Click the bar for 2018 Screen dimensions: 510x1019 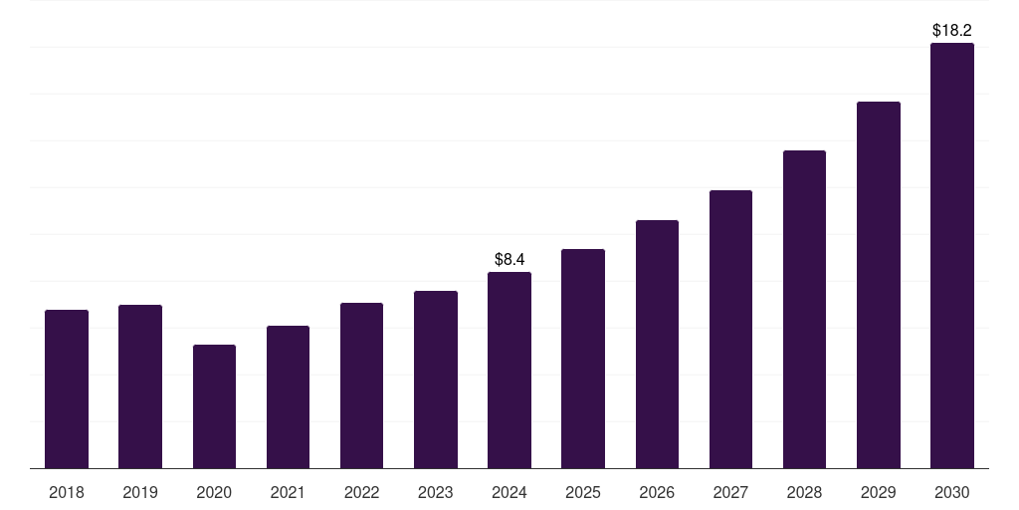67,389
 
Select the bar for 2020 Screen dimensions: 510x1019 214,406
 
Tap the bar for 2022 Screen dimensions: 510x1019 361,385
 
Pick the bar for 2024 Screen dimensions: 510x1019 509,371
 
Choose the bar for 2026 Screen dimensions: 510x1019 657,345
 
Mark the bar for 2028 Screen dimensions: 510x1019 804,310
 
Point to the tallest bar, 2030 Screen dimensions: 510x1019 952,256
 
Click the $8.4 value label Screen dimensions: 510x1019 509,260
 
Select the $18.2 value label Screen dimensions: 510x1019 952,31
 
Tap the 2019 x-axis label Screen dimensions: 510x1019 140,492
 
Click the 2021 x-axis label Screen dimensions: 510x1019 288,492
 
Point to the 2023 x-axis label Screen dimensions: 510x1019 436,492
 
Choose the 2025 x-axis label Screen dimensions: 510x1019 583,492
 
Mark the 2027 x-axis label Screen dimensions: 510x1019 730,492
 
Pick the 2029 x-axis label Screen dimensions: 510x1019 879,492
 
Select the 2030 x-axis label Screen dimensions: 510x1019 952,492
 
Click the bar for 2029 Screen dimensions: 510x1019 879,285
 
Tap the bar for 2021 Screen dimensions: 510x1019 288,397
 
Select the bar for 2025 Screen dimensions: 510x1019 583,359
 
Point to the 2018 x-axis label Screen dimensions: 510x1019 67,492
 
